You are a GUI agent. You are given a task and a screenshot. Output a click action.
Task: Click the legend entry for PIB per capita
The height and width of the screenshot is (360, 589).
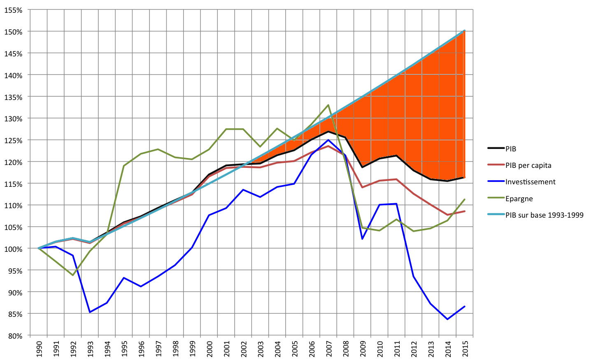coord(528,165)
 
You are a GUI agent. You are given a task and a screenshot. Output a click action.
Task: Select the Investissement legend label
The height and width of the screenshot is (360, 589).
coord(530,182)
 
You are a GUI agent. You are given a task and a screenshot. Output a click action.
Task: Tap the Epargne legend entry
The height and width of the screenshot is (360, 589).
coord(519,199)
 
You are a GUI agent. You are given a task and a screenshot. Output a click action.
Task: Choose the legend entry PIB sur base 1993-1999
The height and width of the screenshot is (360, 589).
coord(544,215)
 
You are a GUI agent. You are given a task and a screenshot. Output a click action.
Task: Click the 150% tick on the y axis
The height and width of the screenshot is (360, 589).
coord(14,32)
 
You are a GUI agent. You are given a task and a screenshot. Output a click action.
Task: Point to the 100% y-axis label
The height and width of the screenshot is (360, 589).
coord(14,249)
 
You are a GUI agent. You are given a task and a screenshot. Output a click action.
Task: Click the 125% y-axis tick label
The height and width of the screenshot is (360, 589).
coord(14,140)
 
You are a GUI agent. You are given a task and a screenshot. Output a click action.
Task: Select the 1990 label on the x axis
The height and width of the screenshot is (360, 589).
coord(39,349)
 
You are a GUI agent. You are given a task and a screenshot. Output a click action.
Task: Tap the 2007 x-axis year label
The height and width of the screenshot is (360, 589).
coord(328,349)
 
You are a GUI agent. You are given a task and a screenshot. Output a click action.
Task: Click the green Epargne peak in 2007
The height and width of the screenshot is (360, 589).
coord(328,105)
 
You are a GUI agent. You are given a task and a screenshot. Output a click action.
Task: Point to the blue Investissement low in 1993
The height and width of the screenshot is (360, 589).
coord(90,312)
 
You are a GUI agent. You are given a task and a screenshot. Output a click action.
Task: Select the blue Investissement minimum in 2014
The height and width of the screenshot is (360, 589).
coord(447,319)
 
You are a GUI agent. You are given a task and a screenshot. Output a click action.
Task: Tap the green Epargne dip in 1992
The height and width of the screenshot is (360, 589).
coord(73,275)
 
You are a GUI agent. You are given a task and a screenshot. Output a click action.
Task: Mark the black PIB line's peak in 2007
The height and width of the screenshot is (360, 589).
coord(328,132)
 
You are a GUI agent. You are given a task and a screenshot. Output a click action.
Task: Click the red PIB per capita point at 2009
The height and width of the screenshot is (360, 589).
coord(362,187)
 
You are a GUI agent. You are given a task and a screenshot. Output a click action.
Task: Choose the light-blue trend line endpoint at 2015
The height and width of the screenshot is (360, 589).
coord(465,30)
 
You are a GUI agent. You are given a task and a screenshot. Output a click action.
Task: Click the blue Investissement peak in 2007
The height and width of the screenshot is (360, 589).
coord(328,140)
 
